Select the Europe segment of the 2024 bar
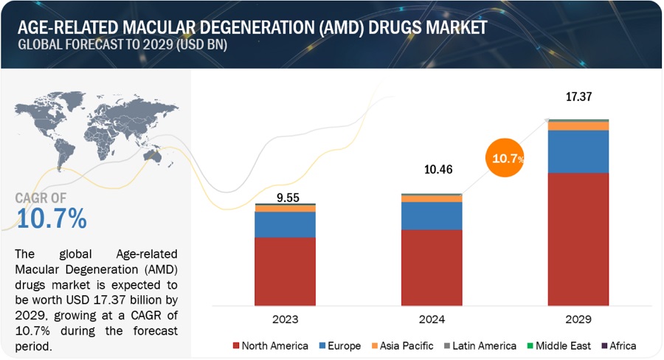432,215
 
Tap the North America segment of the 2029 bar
578,238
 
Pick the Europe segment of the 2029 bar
578,151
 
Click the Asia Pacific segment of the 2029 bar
578,126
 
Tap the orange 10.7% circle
507,158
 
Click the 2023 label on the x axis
285,320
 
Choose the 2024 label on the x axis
432,320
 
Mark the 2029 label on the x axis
578,320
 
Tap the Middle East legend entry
561,345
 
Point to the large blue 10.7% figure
51,218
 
